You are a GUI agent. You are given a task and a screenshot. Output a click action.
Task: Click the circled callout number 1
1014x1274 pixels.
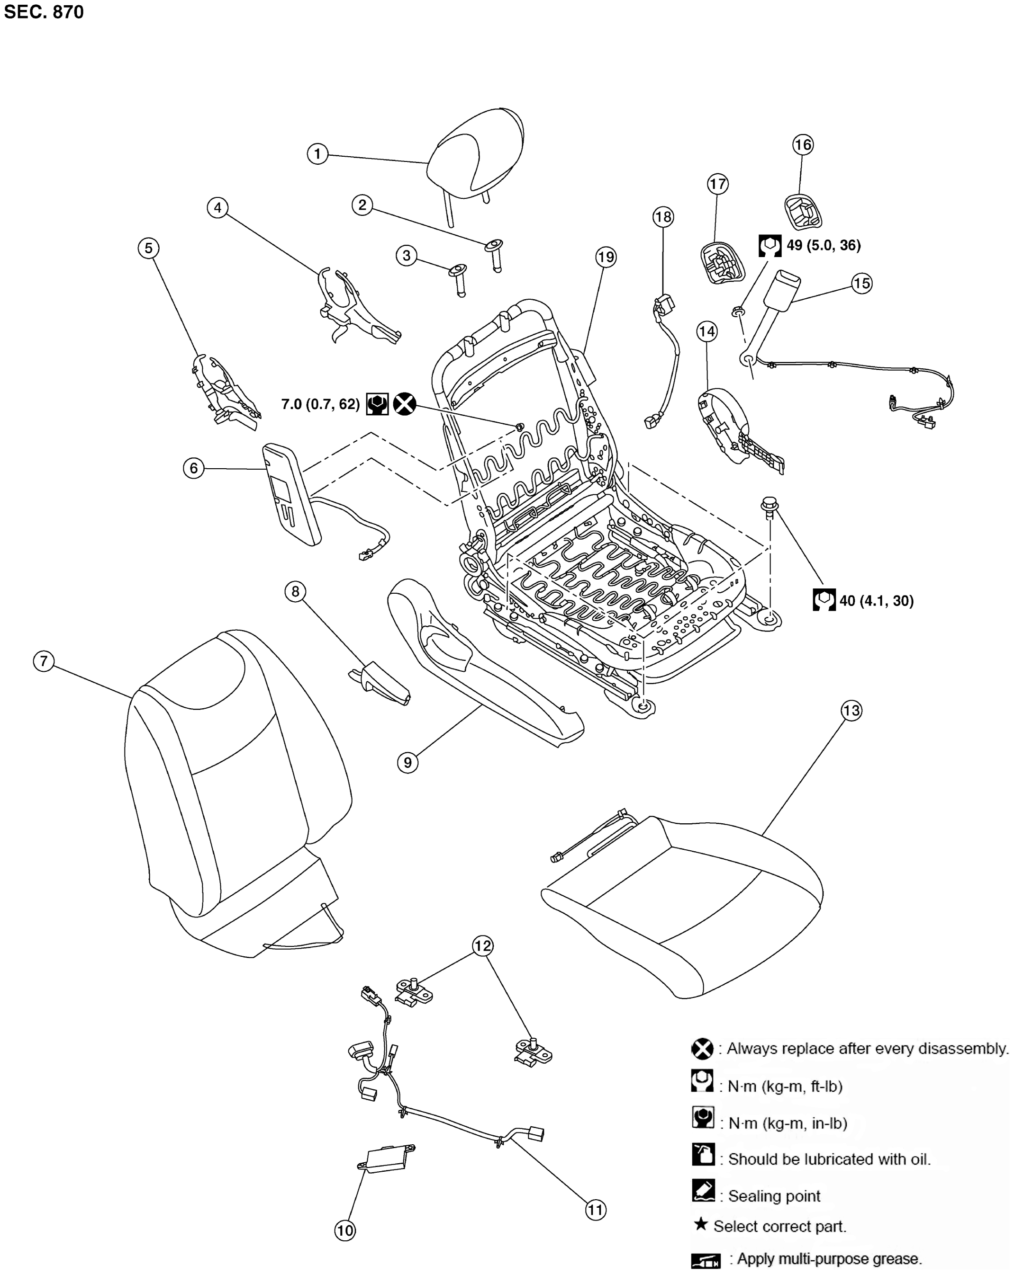coord(317,154)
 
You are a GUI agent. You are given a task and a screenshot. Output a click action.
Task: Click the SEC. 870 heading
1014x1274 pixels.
coord(44,12)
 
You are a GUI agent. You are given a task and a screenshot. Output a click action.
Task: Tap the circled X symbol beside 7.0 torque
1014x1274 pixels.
coord(405,404)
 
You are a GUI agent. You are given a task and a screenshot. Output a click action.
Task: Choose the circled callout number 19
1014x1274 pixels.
coord(606,257)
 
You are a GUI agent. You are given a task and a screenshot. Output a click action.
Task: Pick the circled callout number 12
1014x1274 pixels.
coord(482,945)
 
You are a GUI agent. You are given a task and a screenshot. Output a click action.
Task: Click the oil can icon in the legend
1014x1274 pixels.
coord(703,1155)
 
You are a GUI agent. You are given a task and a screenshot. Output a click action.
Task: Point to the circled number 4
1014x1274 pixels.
coord(217,207)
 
